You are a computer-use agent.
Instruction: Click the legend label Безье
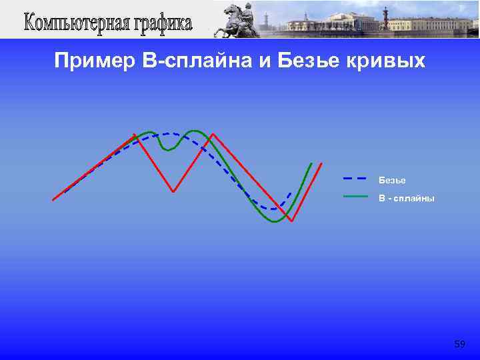click(392, 180)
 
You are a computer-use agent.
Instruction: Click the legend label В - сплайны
click(406, 198)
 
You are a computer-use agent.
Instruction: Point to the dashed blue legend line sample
click(355, 179)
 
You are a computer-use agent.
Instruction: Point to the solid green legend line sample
click(355, 197)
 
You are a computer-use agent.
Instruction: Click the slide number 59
click(459, 344)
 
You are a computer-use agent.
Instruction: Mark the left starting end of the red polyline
click(53, 199)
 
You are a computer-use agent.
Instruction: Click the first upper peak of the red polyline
click(135, 135)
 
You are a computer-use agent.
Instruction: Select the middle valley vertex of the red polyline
click(173, 191)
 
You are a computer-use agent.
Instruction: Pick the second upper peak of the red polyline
click(212, 135)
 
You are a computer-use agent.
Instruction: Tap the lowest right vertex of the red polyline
click(291, 221)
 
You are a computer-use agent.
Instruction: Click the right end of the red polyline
click(321, 163)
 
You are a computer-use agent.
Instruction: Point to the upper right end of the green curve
click(311, 163)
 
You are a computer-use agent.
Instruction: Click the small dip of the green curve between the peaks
click(169, 149)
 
